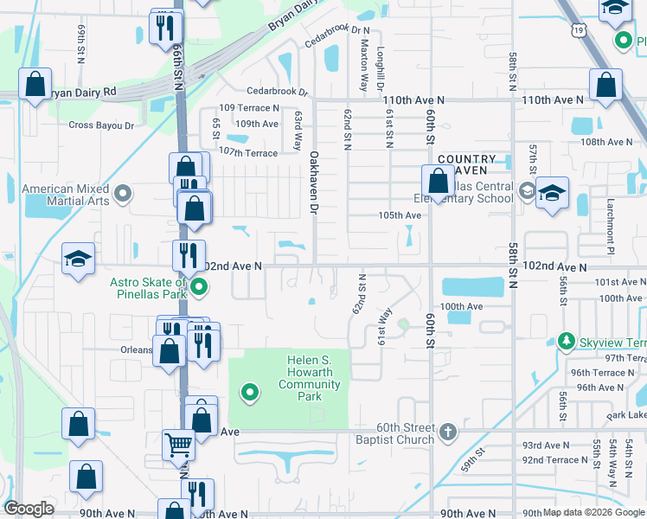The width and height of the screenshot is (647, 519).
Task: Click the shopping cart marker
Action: pyautogui.click(x=179, y=445)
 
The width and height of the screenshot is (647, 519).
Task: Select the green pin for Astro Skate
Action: pyautogui.click(x=199, y=288)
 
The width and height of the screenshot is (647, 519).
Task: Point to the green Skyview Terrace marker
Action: pyautogui.click(x=567, y=340)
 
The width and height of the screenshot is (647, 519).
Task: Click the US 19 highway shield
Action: pyautogui.click(x=579, y=30)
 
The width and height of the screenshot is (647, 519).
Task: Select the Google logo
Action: pyautogui.click(x=29, y=509)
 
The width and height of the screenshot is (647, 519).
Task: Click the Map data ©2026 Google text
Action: pyautogui.click(x=594, y=512)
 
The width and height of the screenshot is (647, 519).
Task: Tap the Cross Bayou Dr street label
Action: pyautogui.click(x=101, y=125)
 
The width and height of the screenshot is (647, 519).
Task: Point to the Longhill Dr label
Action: pyautogui.click(x=380, y=70)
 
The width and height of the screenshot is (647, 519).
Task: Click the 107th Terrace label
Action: pyautogui.click(x=248, y=153)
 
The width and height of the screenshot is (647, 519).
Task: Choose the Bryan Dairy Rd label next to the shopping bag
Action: pyautogui.click(x=82, y=92)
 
